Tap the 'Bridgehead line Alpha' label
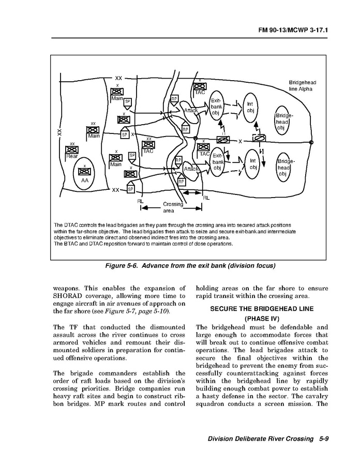pyautogui.click(x=302, y=86)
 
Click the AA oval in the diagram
pyautogui.click(x=85, y=175)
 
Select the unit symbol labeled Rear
pyautogui.click(x=72, y=151)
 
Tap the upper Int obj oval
pyautogui.click(x=250, y=108)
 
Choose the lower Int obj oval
pyautogui.click(x=253, y=164)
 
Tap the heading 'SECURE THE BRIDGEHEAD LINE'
pyautogui.click(x=262, y=309)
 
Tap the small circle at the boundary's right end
pyautogui.click(x=310, y=142)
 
